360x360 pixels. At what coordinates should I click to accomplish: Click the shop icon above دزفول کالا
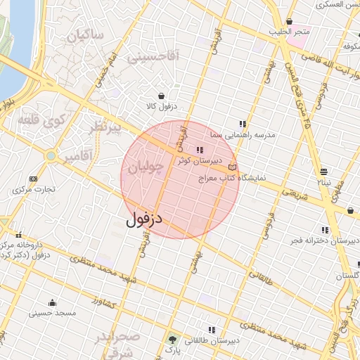[x=162, y=96]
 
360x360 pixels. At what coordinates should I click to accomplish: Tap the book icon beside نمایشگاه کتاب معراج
[x=232, y=167]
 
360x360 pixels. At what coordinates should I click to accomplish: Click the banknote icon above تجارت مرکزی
[x=33, y=179]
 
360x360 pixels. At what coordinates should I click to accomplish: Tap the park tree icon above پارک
[x=173, y=339]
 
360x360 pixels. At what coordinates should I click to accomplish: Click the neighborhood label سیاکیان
[x=84, y=34]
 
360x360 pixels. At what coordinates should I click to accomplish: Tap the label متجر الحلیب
[x=288, y=32]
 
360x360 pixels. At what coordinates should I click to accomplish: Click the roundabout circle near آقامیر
[x=50, y=155]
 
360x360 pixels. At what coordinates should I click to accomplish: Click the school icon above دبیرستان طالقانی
[x=210, y=330]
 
